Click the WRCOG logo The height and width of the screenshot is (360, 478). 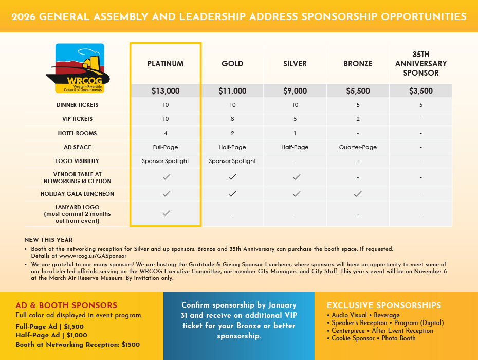[80, 68]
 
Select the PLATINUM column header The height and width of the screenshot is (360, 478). [166, 64]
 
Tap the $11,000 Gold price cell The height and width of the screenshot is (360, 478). [232, 91]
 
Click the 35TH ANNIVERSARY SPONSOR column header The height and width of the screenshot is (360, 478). [420, 64]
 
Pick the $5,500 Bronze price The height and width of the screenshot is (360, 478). [357, 91]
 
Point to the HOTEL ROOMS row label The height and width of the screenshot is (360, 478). [77, 133]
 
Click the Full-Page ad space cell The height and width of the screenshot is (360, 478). [166, 147]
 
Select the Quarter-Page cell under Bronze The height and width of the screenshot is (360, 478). [357, 147]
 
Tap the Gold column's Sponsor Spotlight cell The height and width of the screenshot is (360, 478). [232, 161]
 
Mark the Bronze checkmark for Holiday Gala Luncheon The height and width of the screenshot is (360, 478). [358, 194]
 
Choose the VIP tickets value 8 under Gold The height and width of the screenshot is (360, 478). [232, 119]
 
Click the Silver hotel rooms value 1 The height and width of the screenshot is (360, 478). [295, 133]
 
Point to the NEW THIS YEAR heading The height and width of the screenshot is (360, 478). [48, 240]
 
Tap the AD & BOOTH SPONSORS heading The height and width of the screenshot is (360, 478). [66, 305]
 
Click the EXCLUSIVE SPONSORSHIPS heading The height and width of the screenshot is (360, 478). [384, 305]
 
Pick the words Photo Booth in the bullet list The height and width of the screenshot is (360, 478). [398, 338]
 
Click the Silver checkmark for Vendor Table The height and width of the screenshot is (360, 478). [296, 177]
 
